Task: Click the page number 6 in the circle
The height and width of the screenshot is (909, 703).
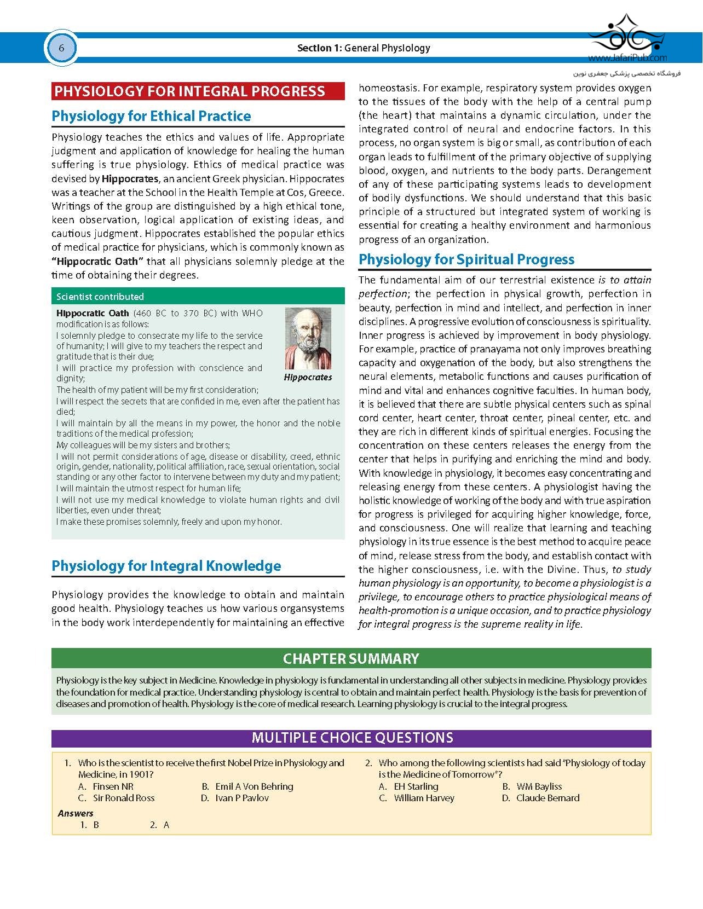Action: pos(61,48)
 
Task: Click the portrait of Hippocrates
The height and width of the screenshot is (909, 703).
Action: pos(308,339)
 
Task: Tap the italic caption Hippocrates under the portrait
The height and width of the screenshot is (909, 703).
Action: pos(308,378)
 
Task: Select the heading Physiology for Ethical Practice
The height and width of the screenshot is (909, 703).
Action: pos(151,116)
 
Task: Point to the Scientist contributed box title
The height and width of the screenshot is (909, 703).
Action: pos(100,297)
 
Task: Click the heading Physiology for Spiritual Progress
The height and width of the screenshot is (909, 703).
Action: pos(466,259)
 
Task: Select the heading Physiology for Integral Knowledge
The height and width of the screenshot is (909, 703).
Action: pos(166,566)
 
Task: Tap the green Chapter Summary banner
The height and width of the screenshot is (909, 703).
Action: pos(351,658)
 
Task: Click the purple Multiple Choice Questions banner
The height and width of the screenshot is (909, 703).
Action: pos(352,738)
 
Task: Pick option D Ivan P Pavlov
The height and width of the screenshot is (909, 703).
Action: pos(241,798)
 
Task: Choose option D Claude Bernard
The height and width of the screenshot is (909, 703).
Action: pos(547,798)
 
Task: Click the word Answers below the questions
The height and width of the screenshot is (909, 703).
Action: pos(76,813)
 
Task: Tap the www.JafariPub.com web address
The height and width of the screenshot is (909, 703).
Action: pos(627,57)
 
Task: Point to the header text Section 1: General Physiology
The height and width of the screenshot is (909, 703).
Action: pos(364,48)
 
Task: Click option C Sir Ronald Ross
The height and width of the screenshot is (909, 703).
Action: pos(123,798)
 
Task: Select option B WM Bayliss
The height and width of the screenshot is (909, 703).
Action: pos(539,786)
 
